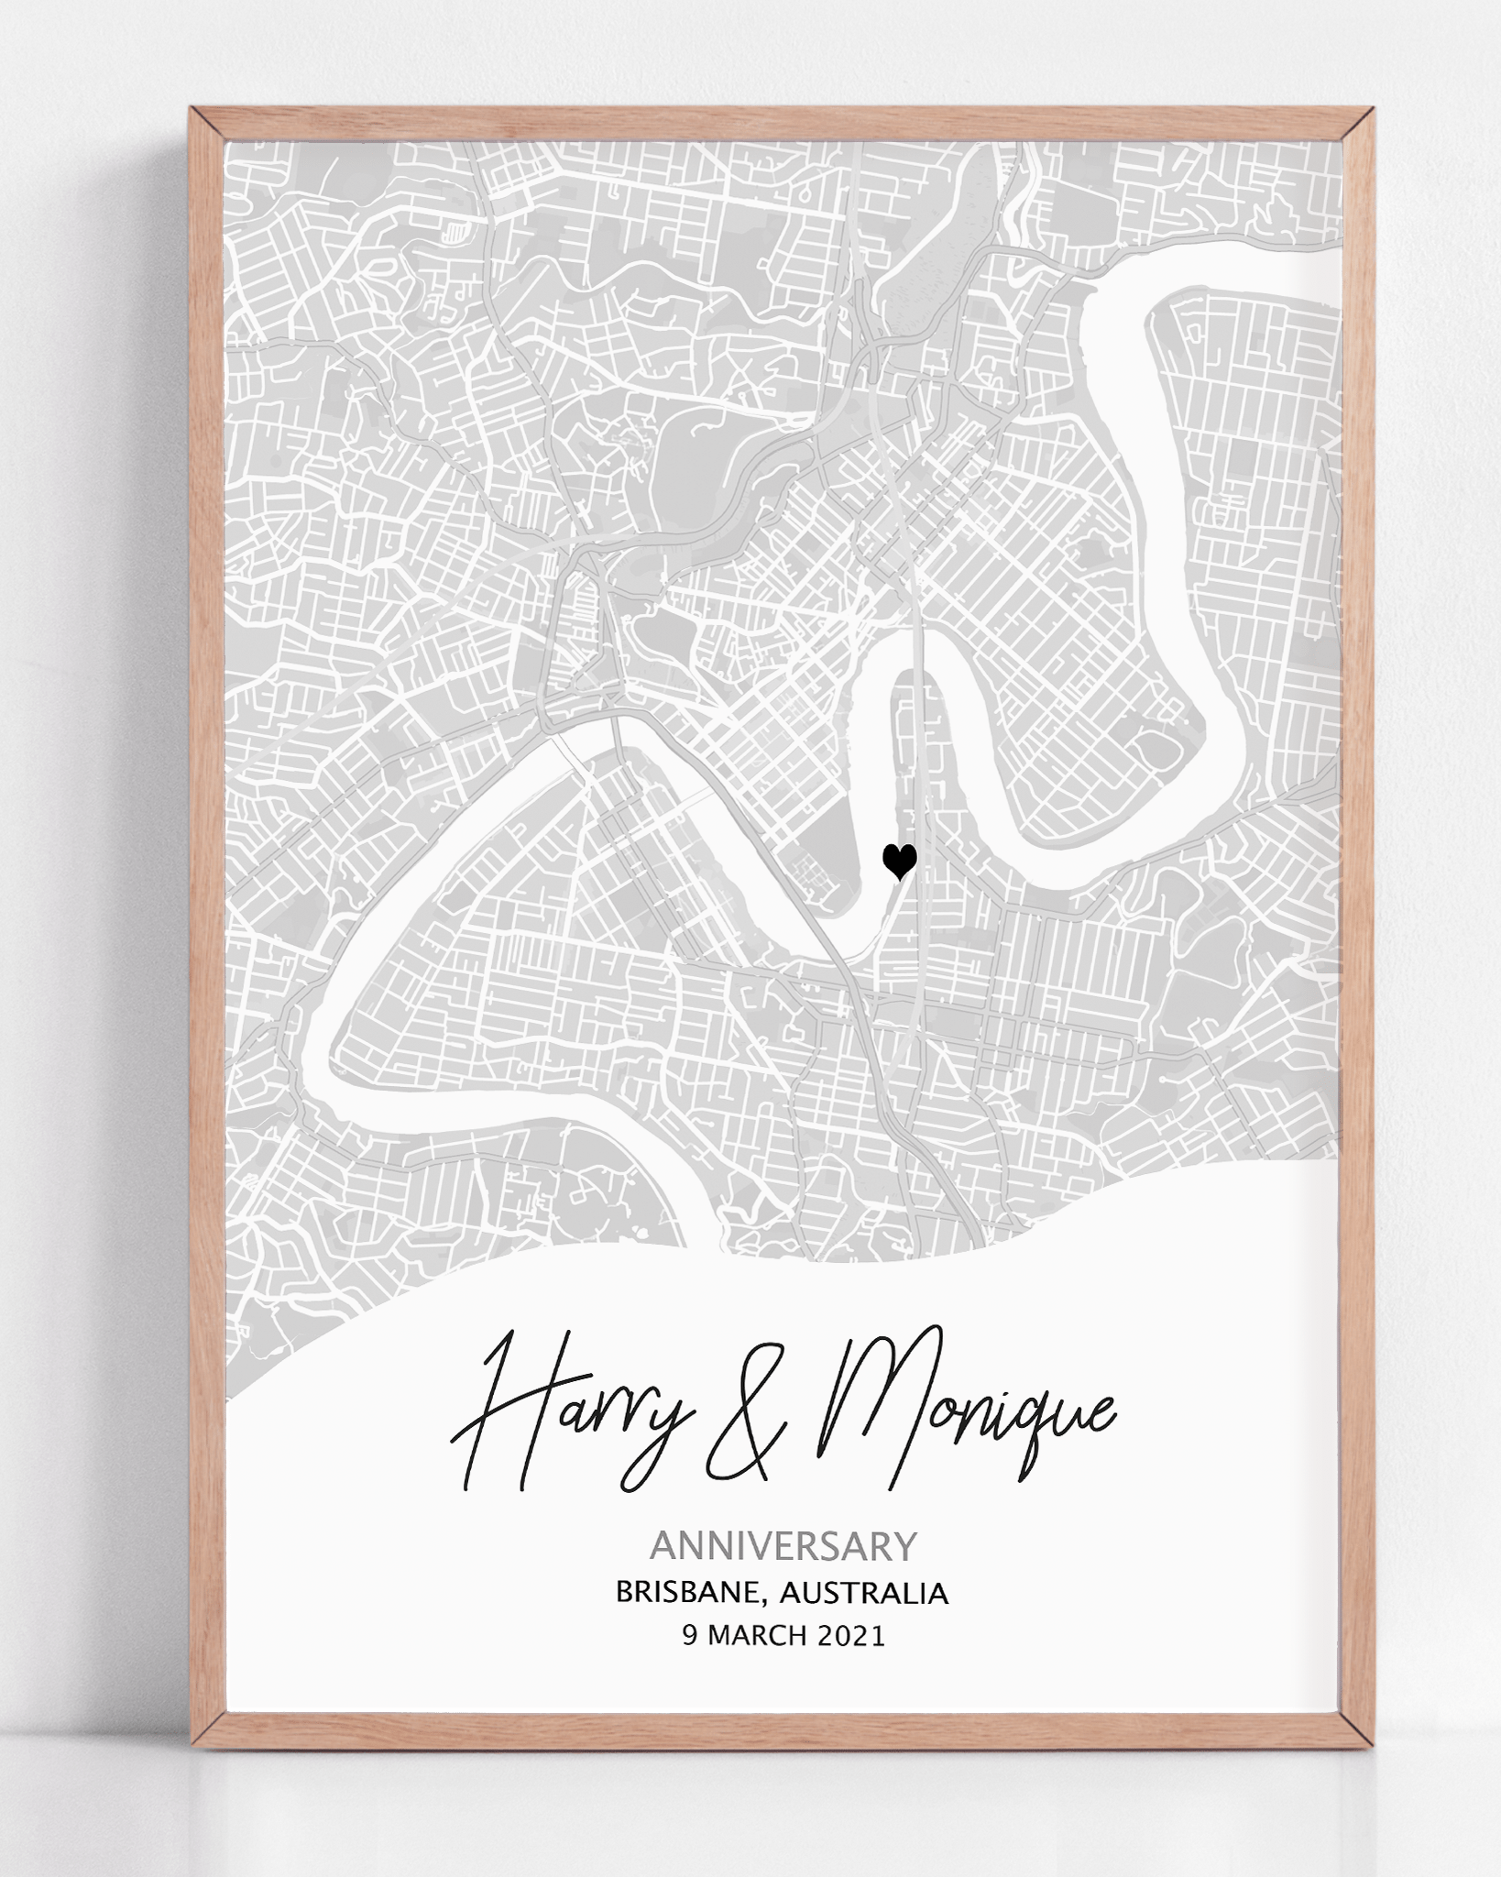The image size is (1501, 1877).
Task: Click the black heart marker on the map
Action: [x=899, y=861]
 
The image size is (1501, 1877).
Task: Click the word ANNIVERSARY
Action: [x=783, y=1547]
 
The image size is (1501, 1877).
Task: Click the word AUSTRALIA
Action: [x=863, y=1594]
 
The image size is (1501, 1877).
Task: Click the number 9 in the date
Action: [x=689, y=1636]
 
